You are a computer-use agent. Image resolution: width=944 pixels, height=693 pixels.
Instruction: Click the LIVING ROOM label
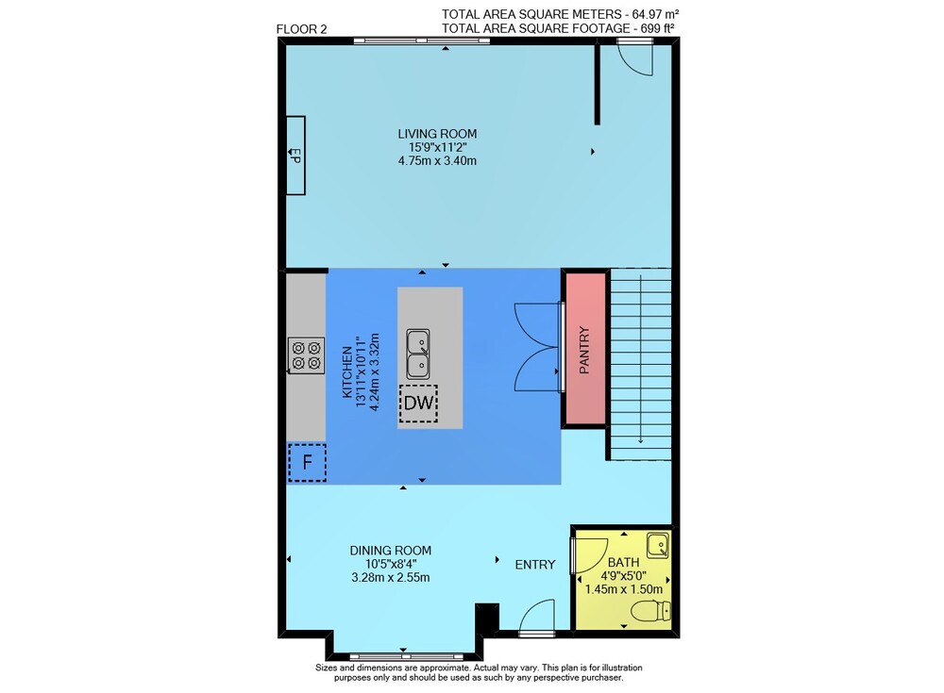(x=437, y=134)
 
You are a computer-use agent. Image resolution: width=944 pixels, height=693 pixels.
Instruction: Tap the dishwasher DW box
(x=419, y=403)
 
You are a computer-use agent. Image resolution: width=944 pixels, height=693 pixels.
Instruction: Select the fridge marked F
(x=307, y=463)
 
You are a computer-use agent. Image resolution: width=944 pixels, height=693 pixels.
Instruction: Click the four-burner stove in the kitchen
(x=306, y=355)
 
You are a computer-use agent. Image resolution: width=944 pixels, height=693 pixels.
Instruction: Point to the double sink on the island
(x=418, y=354)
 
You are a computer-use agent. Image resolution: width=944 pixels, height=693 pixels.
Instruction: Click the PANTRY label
(x=584, y=350)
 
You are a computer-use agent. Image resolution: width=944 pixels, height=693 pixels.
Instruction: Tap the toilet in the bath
(x=651, y=611)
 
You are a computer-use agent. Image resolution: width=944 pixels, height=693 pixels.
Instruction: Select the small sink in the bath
(x=658, y=546)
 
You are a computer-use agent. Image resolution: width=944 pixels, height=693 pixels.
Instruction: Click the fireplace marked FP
(x=295, y=156)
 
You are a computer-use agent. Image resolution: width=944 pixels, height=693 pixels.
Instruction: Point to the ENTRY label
(x=535, y=564)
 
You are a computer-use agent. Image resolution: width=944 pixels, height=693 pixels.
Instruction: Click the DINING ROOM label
(x=391, y=550)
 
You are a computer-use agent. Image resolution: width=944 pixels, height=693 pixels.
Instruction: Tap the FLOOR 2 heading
(x=302, y=29)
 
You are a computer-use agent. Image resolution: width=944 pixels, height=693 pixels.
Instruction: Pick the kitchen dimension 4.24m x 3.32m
(x=374, y=371)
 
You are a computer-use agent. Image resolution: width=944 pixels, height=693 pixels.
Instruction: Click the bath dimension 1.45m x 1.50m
(x=624, y=589)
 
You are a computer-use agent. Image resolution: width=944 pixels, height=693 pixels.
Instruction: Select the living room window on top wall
(x=421, y=41)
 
